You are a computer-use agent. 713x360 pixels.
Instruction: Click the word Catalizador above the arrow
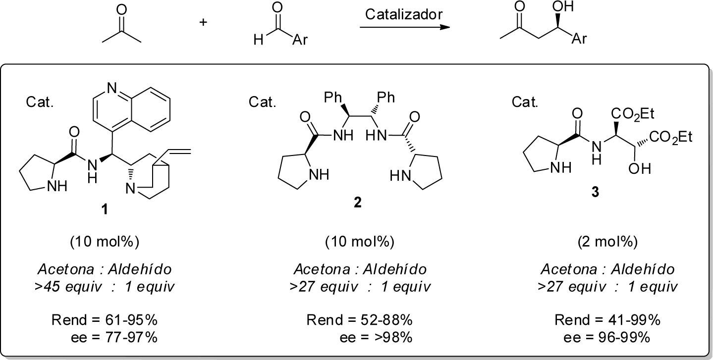403,14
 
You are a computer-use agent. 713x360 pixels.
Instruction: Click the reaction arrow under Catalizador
401,27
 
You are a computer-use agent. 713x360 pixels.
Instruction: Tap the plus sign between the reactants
203,22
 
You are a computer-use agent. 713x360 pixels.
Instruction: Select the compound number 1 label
105,210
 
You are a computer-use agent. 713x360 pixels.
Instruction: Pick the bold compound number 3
595,192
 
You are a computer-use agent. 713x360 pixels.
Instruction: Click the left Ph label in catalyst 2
333,97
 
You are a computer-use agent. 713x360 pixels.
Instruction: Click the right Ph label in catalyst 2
385,97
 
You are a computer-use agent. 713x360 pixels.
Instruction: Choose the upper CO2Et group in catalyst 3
633,114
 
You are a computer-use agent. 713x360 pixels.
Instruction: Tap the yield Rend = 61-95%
105,320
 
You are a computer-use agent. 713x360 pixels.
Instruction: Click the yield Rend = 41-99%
607,320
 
